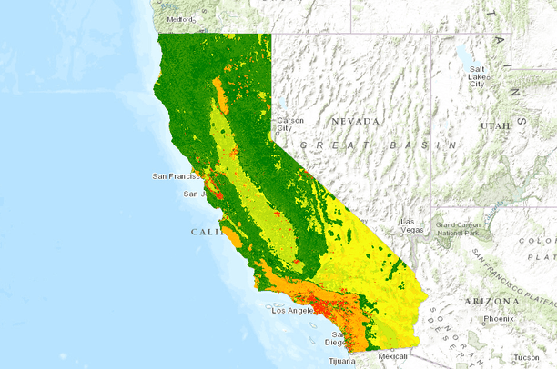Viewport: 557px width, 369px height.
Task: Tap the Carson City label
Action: pyautogui.click(x=290, y=125)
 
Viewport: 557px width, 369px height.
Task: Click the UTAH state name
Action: pyautogui.click(x=496, y=125)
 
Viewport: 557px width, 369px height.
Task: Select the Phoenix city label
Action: pyautogui.click(x=498, y=319)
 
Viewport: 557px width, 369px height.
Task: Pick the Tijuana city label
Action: pyautogui.click(x=343, y=360)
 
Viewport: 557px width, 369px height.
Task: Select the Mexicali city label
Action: pyautogui.click(x=392, y=356)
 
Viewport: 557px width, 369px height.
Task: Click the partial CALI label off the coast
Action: pyautogui.click(x=206, y=232)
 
